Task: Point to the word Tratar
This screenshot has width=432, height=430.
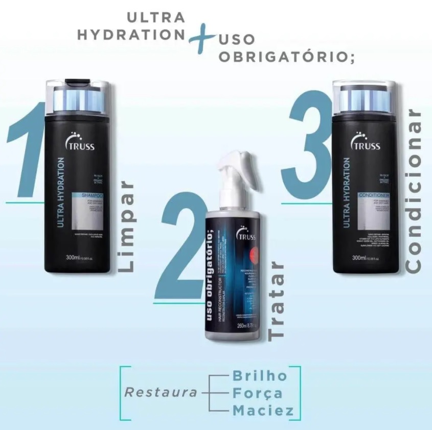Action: (277, 302)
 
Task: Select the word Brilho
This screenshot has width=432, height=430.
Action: (260, 375)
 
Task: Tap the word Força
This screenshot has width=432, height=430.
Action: (257, 393)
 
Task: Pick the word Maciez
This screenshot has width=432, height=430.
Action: (263, 411)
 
